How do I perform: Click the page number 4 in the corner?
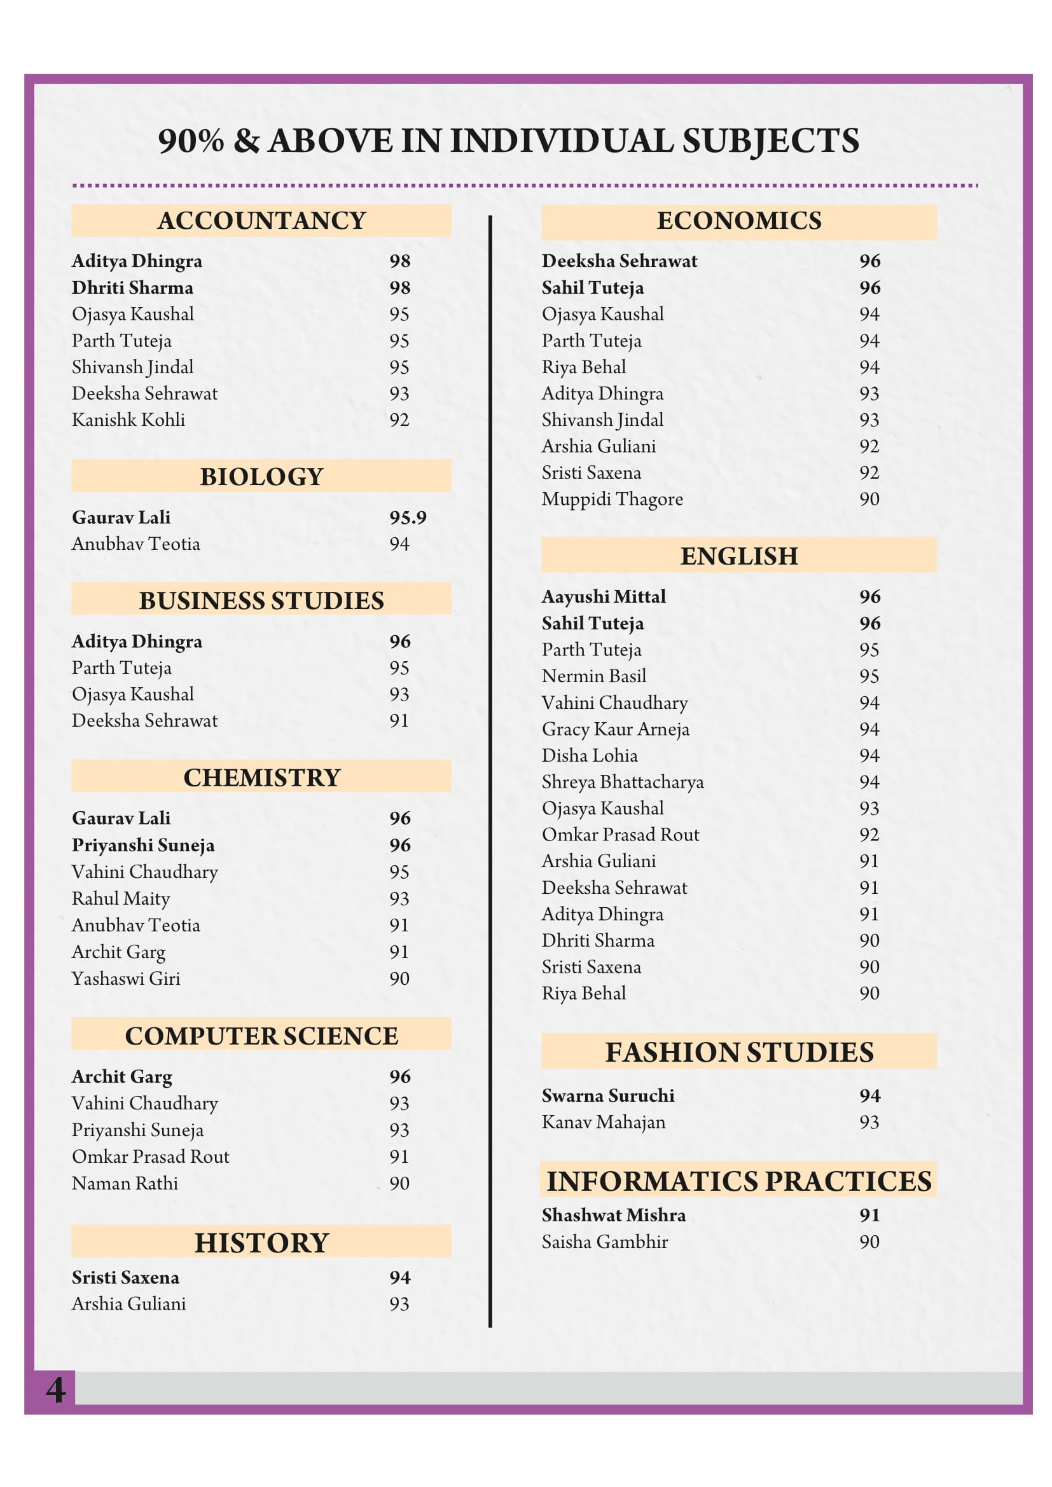(56, 1390)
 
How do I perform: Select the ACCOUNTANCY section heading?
(261, 221)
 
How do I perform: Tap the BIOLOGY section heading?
(261, 477)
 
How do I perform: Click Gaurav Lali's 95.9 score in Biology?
(408, 517)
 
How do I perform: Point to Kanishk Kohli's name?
(128, 420)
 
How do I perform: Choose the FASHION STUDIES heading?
(739, 1052)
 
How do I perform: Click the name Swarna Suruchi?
(608, 1096)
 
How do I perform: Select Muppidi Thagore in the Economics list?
(612, 499)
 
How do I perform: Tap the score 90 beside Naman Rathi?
(399, 1184)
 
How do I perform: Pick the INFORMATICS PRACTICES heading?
(739, 1181)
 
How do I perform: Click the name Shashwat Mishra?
(613, 1216)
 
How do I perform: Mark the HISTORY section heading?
(261, 1243)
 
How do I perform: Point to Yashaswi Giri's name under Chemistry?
(127, 978)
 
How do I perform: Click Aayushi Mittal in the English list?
(604, 597)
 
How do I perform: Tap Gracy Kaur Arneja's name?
(616, 729)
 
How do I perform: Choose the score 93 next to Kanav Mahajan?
(869, 1122)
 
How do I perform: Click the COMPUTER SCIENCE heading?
(261, 1036)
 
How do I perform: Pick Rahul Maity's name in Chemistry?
(121, 899)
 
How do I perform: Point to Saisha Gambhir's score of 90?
(869, 1242)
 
